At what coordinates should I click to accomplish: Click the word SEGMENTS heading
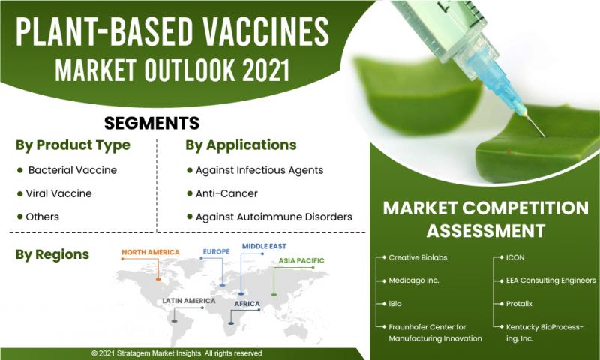coord(151,123)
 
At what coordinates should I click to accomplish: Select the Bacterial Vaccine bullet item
coord(72,170)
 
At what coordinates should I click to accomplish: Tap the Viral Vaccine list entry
coord(58,193)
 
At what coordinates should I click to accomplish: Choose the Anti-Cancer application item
coord(226,193)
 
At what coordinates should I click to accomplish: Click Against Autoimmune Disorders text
coord(274,217)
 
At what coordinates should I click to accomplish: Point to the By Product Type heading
coord(73,145)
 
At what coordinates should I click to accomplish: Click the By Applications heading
coord(241,145)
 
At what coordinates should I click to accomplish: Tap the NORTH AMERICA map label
coord(151,252)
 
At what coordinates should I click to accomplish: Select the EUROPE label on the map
coord(216,251)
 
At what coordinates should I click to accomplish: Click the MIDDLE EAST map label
coord(264,246)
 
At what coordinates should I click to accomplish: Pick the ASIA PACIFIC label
coord(301,260)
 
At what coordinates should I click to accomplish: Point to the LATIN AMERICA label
coord(189,301)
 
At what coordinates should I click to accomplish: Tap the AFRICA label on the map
coord(247,304)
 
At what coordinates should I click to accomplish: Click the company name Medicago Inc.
coord(414,280)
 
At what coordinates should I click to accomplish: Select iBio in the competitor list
coord(395,304)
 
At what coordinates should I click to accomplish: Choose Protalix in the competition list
coord(519,304)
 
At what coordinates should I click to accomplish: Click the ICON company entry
coord(515,257)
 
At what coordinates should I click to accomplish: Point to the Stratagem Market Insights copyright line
coord(177,353)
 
